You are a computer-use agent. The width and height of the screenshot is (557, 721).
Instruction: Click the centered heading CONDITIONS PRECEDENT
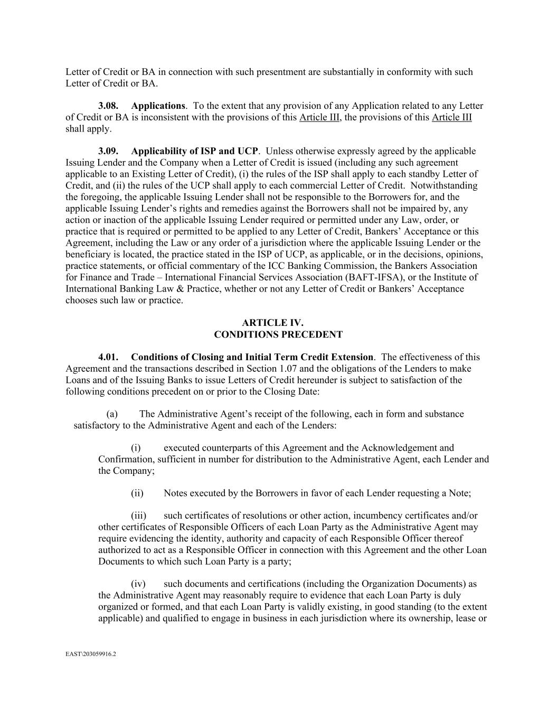point(278,334)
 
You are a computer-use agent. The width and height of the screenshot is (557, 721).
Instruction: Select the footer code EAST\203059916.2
point(91,654)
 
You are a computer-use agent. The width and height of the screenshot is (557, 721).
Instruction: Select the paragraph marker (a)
point(111,414)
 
